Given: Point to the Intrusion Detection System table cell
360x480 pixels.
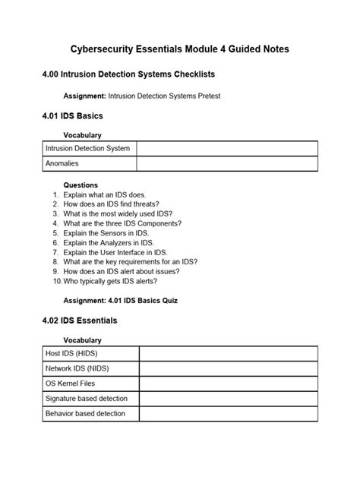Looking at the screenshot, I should (x=88, y=148).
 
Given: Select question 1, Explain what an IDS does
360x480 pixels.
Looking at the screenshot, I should (x=105, y=194).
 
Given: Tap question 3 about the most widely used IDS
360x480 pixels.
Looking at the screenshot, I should (x=118, y=213).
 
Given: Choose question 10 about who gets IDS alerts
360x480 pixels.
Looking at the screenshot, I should (x=110, y=280).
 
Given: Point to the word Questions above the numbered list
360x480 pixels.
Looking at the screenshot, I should (x=81, y=185).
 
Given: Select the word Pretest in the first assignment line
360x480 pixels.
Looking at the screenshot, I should (x=205, y=96).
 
